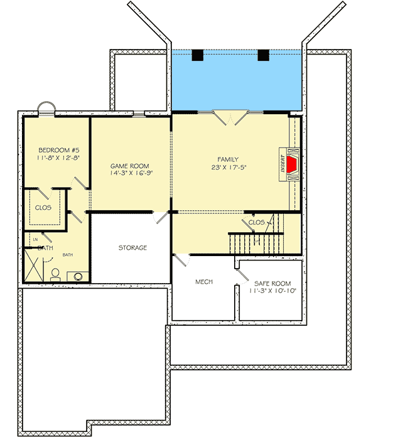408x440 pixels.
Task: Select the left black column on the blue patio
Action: pyautogui.click(x=198, y=55)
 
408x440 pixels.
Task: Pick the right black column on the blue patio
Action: pyautogui.click(x=264, y=55)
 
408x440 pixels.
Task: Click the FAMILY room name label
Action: pyautogui.click(x=228, y=159)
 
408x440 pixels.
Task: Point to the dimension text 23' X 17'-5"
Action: pyautogui.click(x=228, y=168)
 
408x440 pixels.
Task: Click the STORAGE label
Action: pyautogui.click(x=132, y=248)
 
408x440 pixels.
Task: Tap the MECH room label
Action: pyautogui.click(x=203, y=282)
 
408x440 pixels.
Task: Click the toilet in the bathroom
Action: pyautogui.click(x=55, y=275)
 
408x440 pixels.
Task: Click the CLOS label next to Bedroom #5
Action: pyautogui.click(x=43, y=207)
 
